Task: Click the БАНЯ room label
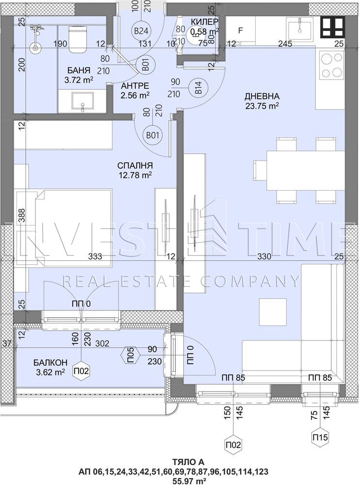(78, 70)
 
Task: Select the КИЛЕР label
(204, 22)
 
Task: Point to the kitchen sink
(300, 28)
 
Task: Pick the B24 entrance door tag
(142, 31)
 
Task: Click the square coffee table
(273, 311)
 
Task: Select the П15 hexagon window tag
(319, 437)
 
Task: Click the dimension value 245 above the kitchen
(285, 44)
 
